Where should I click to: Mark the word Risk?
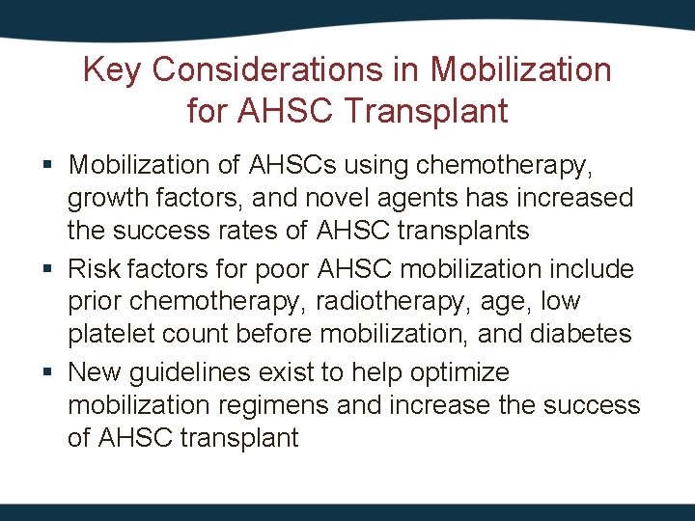tap(96, 268)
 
